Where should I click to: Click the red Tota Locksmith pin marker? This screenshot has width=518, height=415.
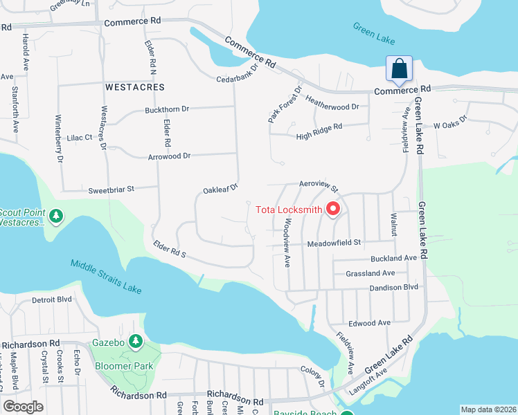click(333, 208)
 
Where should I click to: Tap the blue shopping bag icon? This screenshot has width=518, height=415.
click(400, 69)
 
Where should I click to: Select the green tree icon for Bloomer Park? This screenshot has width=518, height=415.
click(136, 342)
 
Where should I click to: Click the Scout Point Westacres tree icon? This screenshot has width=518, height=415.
click(56, 216)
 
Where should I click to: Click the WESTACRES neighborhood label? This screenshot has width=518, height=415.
click(135, 88)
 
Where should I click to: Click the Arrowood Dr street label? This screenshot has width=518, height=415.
click(169, 156)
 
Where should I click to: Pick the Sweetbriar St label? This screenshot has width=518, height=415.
click(111, 189)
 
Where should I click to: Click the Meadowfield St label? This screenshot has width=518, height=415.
click(334, 243)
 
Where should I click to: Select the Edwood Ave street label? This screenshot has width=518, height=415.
click(370, 323)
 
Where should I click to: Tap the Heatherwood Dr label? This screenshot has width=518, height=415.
click(332, 107)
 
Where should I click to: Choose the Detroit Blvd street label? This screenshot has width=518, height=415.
click(52, 299)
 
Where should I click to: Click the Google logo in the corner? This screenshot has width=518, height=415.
click(23, 407)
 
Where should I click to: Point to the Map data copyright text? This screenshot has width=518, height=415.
click(488, 409)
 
